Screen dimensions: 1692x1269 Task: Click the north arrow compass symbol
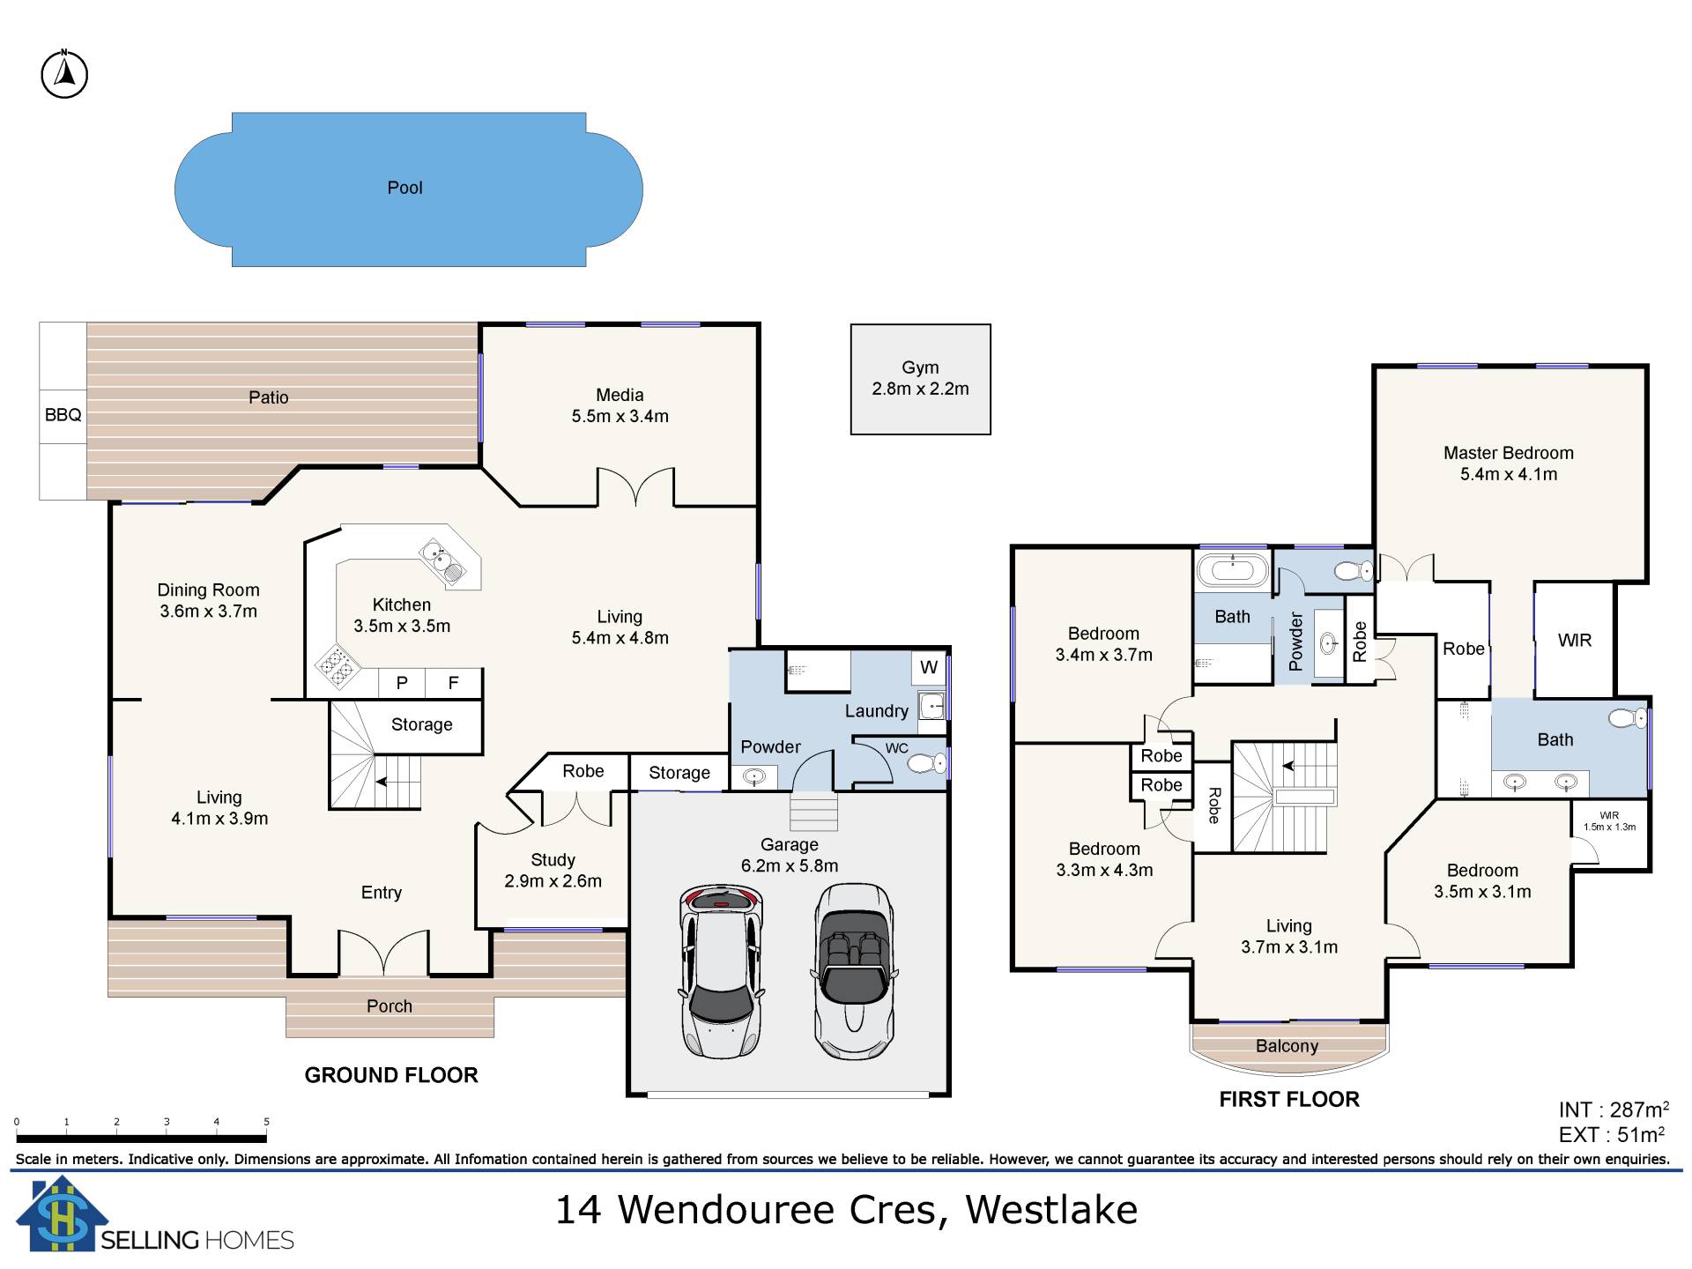pos(64,75)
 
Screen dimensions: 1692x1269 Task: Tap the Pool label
pos(405,188)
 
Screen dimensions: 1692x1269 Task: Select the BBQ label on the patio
pos(63,414)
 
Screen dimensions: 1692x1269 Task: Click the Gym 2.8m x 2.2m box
pos(920,379)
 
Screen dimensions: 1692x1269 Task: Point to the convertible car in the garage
pos(854,970)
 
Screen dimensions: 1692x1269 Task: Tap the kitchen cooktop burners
pos(334,667)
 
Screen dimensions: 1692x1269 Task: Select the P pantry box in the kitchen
pos(402,683)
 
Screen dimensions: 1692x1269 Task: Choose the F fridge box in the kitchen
pos(454,683)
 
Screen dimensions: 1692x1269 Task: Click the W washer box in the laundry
pos(929,667)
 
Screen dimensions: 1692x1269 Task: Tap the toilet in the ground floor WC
pos(925,762)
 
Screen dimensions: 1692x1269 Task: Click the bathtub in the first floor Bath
pos(1232,570)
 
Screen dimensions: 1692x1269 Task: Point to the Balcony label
pos(1288,1046)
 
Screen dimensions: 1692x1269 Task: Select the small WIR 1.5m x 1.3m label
pos(1609,821)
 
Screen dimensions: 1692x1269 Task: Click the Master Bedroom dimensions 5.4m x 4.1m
pos(1509,474)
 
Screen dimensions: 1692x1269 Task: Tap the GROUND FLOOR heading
pos(391,1075)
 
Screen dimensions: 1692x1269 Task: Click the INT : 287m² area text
pos(1614,1110)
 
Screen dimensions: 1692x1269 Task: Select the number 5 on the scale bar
pos(266,1122)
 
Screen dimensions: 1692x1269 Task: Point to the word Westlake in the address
pos(1051,1210)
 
